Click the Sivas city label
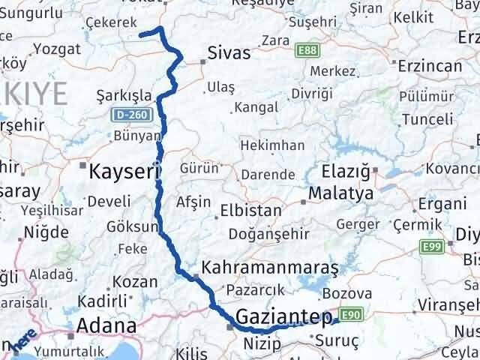(x=229, y=55)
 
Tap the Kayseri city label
(x=121, y=172)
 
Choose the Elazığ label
(x=345, y=172)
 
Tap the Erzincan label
(x=430, y=66)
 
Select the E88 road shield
(x=306, y=49)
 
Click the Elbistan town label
(x=250, y=211)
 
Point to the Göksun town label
(x=133, y=226)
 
